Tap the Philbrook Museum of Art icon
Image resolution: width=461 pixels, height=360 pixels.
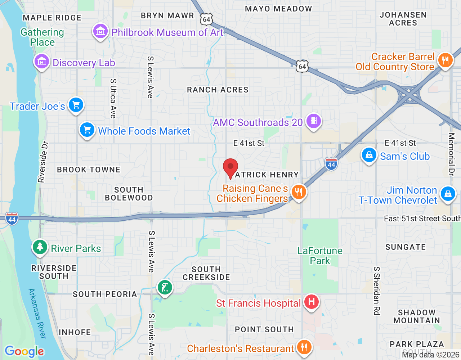[x=100, y=31]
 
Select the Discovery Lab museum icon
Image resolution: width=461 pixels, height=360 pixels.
[x=42, y=62]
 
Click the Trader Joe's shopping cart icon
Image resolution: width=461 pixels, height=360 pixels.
[x=76, y=105]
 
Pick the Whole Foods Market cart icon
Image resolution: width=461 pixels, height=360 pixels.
[x=87, y=130]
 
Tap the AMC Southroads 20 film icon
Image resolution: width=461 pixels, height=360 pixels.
[x=314, y=121]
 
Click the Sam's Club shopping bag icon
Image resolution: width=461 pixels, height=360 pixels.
[x=369, y=155]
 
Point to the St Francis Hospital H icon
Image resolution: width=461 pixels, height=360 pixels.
[x=312, y=302]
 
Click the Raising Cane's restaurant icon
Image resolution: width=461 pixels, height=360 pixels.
[x=299, y=192]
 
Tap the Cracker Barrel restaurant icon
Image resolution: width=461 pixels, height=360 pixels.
[x=446, y=60]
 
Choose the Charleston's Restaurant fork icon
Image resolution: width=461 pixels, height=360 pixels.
[x=304, y=347]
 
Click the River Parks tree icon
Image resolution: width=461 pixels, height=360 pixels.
[x=40, y=247]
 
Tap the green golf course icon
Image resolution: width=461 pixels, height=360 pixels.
[x=165, y=288]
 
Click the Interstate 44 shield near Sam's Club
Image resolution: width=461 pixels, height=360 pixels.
[x=331, y=164]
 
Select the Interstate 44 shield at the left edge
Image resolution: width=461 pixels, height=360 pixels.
[x=12, y=219]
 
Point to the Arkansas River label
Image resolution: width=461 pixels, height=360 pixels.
[x=37, y=313]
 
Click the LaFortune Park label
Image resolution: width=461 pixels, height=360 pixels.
[x=320, y=256]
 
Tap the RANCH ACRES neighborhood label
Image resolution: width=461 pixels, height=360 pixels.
[x=218, y=90]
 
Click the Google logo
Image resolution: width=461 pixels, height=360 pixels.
[x=24, y=351]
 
